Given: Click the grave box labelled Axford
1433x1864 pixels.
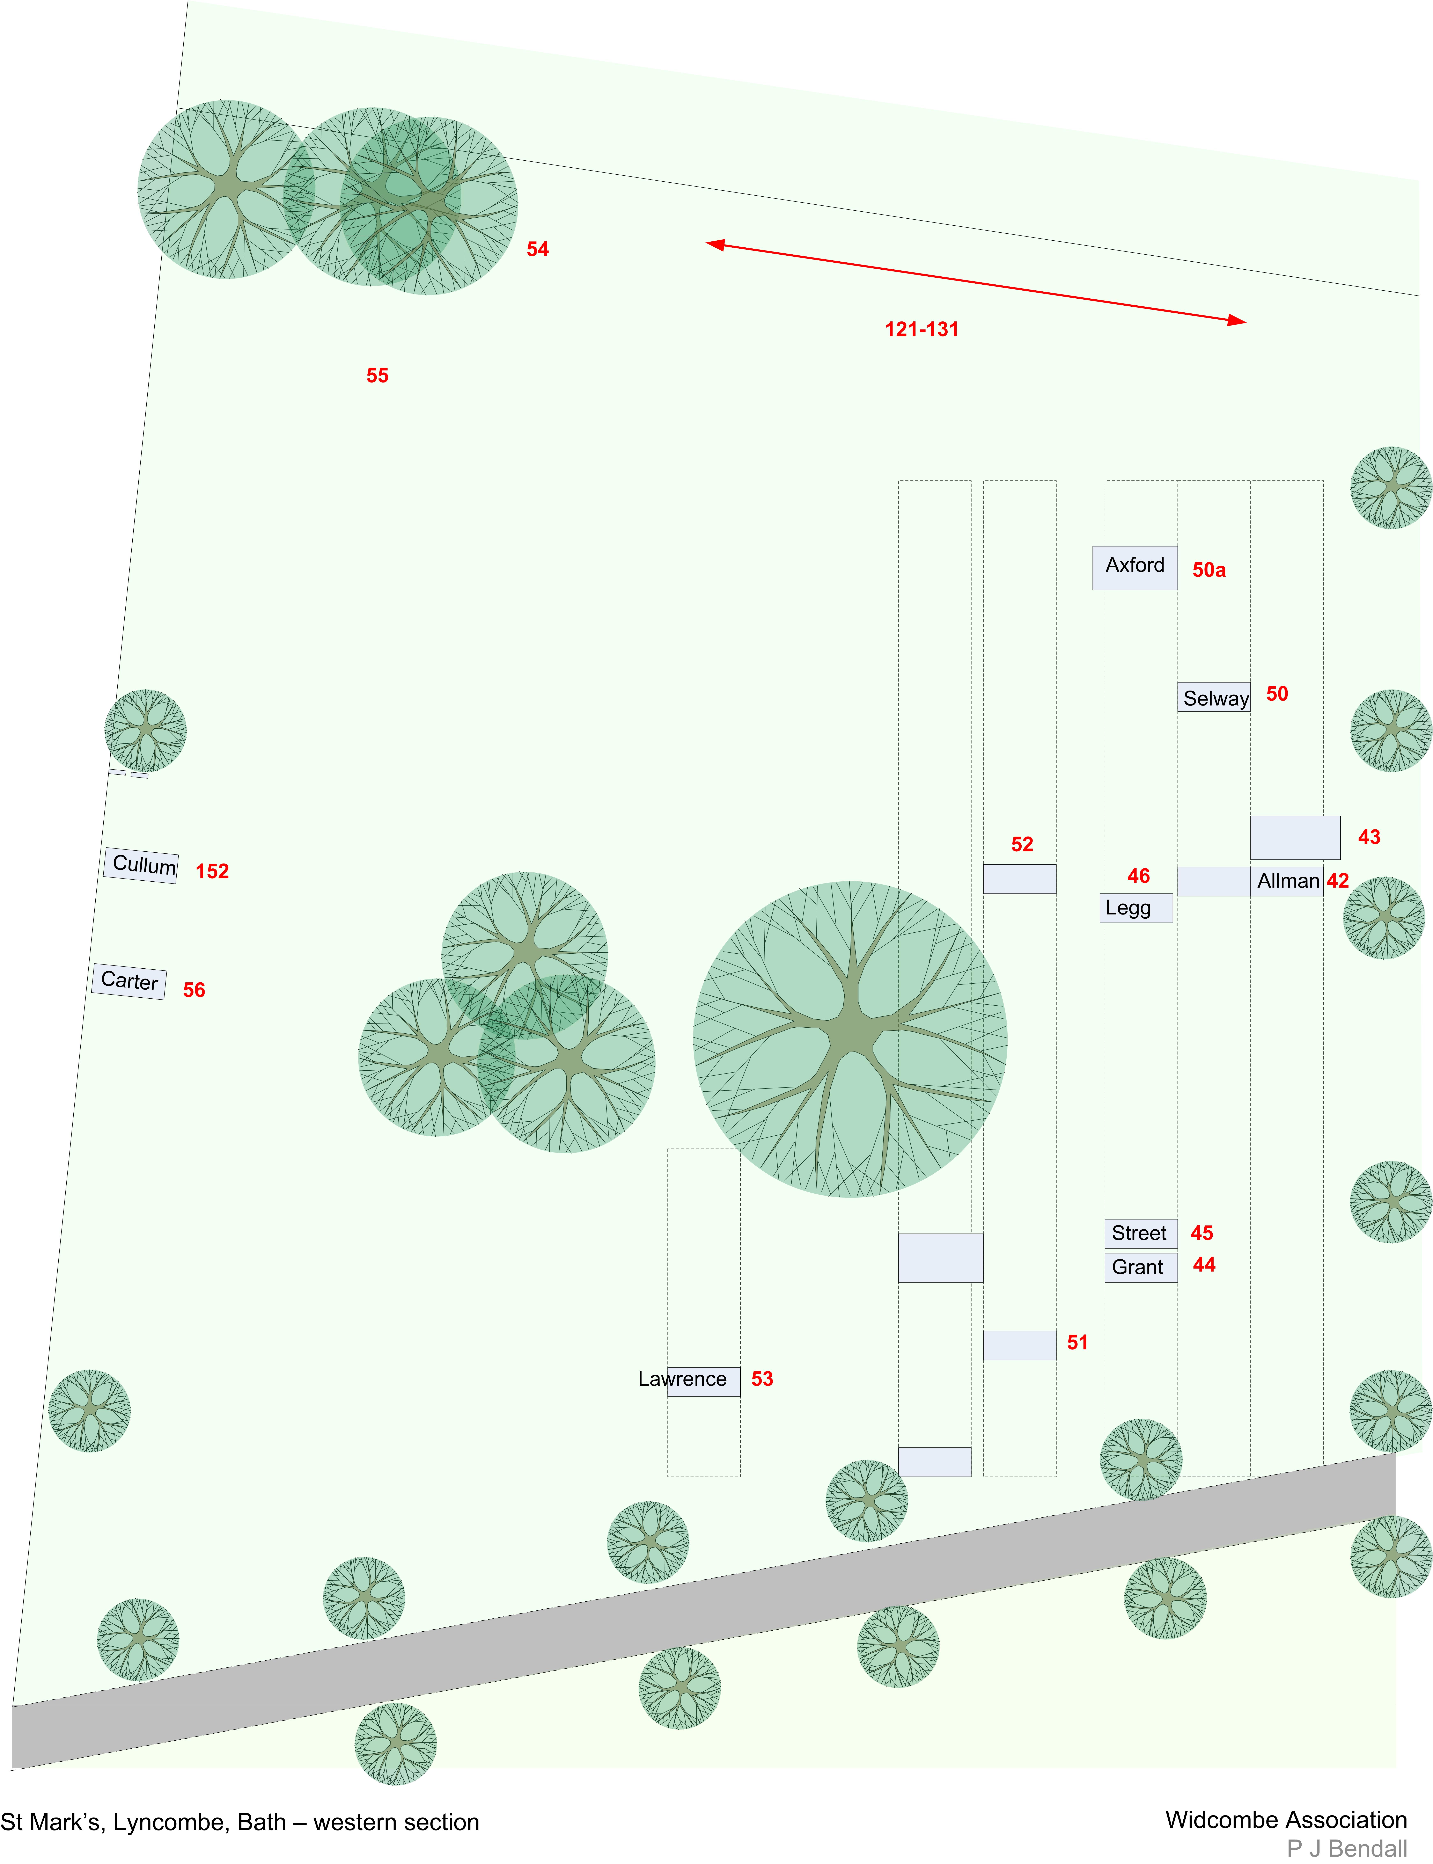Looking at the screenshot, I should tap(1134, 567).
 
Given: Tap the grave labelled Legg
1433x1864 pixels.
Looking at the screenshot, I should tap(1135, 908).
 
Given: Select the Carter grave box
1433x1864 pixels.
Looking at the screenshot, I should tap(129, 981).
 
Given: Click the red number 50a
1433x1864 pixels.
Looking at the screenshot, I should tap(1209, 570).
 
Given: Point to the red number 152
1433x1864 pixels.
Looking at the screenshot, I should tap(212, 871).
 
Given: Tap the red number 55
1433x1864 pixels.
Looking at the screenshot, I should tap(377, 375).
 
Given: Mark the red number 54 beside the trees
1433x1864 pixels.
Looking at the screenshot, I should tap(537, 249).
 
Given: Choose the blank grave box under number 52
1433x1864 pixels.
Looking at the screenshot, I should tap(1019, 879).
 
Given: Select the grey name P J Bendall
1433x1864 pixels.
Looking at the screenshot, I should tap(1347, 1849).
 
